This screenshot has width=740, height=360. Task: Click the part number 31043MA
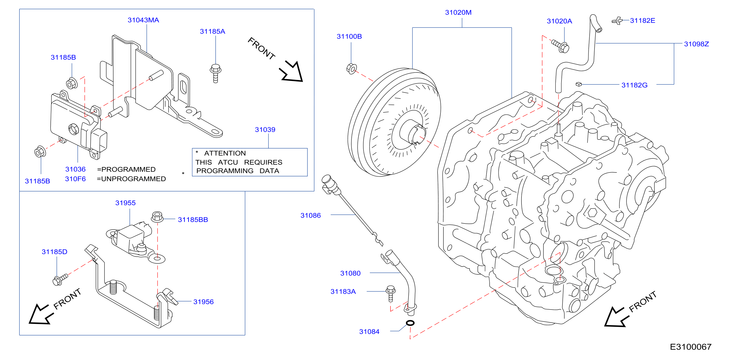pos(143,20)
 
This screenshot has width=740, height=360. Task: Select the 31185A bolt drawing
pos(215,73)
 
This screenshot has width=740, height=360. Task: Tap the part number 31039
pos(265,130)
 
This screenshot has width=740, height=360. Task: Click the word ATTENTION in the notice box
pos(225,153)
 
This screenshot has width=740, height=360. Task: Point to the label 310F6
pos(75,179)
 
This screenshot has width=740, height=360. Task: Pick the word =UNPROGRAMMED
pos(131,179)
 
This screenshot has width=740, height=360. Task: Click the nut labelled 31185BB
pos(157,217)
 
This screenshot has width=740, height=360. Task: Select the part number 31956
pos(203,302)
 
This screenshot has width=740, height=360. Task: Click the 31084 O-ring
pos(410,323)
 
